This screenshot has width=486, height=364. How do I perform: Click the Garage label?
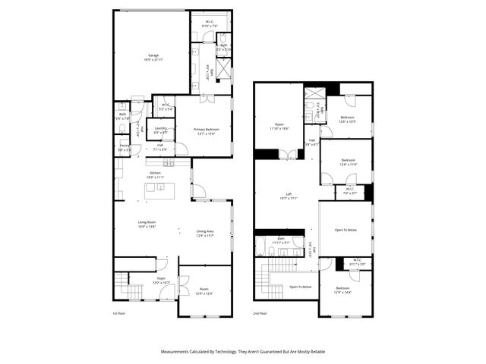pos(153,55)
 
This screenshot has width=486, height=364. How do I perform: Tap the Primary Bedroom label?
pos(206,129)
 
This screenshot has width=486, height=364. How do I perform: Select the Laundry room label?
pos(160,128)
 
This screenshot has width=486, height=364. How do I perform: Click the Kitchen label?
pos(155,173)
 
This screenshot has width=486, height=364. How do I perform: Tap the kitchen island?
pos(161,188)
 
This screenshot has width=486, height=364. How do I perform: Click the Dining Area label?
pos(205,231)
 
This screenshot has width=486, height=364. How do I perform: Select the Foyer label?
pos(161,278)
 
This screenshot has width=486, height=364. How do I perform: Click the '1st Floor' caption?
pos(118,312)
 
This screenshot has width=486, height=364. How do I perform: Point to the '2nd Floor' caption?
pos(260,312)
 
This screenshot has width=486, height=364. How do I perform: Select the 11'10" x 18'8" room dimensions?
pos(279,129)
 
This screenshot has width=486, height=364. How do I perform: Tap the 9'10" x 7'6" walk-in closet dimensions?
pos(210,26)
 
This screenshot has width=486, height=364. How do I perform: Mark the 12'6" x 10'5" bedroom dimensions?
pos(347,121)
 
